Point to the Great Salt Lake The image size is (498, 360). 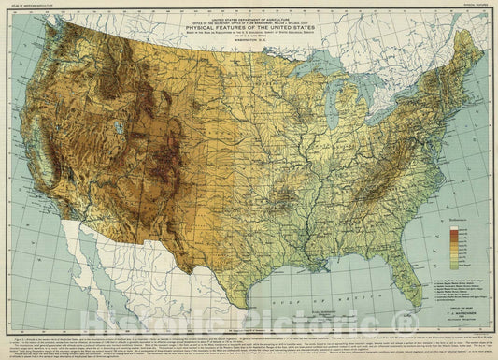click(x=119, y=127)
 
